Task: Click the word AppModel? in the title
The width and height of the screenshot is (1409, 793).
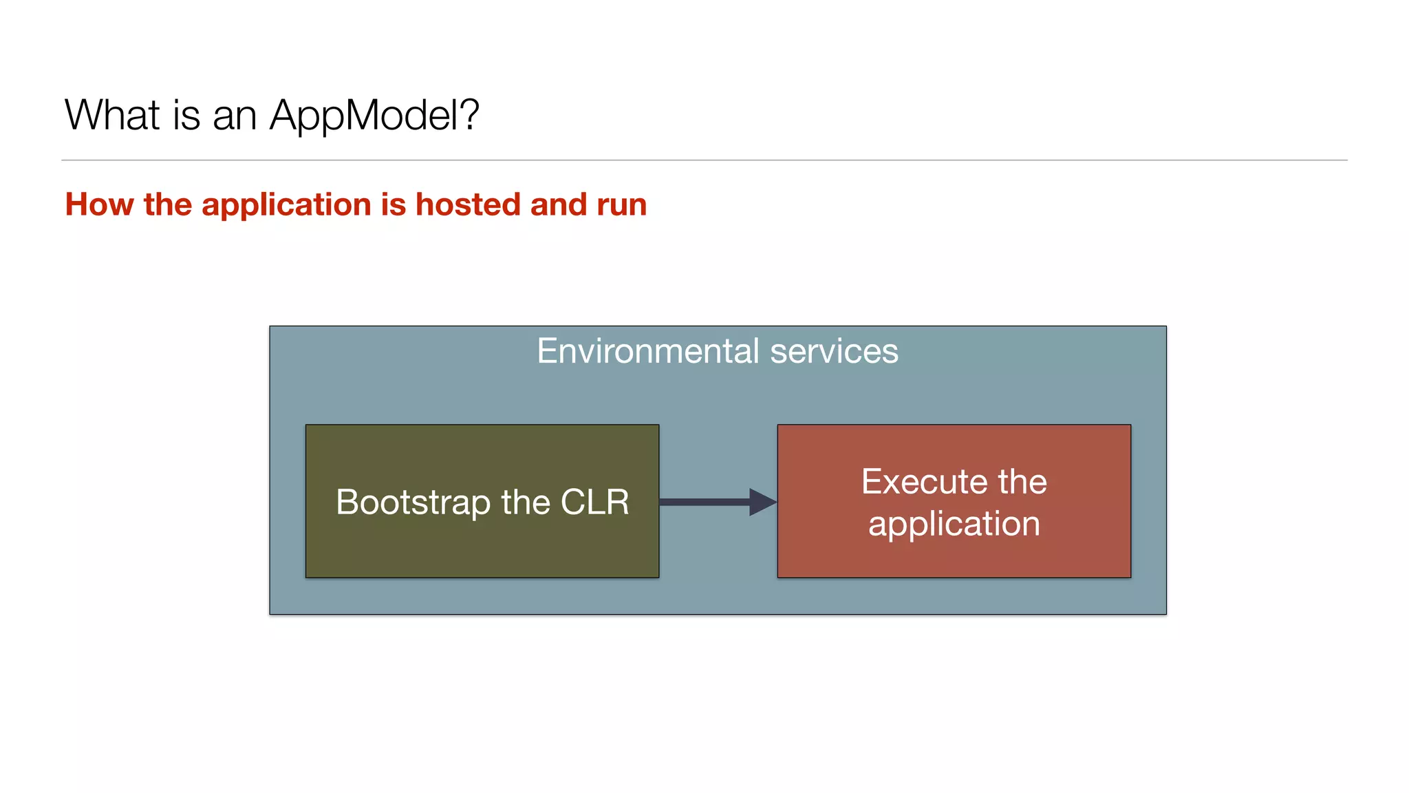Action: coord(374,116)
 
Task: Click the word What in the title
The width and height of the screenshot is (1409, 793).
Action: coord(112,114)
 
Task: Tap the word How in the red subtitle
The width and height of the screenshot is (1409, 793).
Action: coord(99,204)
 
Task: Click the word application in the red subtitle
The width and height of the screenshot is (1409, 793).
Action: coord(286,206)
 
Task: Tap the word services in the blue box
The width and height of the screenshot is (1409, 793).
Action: coord(834,351)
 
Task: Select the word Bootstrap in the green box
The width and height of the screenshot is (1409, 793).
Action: coord(413,502)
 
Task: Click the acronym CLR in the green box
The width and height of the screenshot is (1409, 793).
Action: coord(594,502)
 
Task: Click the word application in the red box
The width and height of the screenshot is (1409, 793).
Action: coord(954,525)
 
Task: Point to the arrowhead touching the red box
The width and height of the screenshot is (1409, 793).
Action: coord(762,502)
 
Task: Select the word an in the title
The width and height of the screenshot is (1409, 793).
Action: coord(235,116)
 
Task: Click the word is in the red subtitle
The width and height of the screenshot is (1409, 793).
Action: coord(394,204)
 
